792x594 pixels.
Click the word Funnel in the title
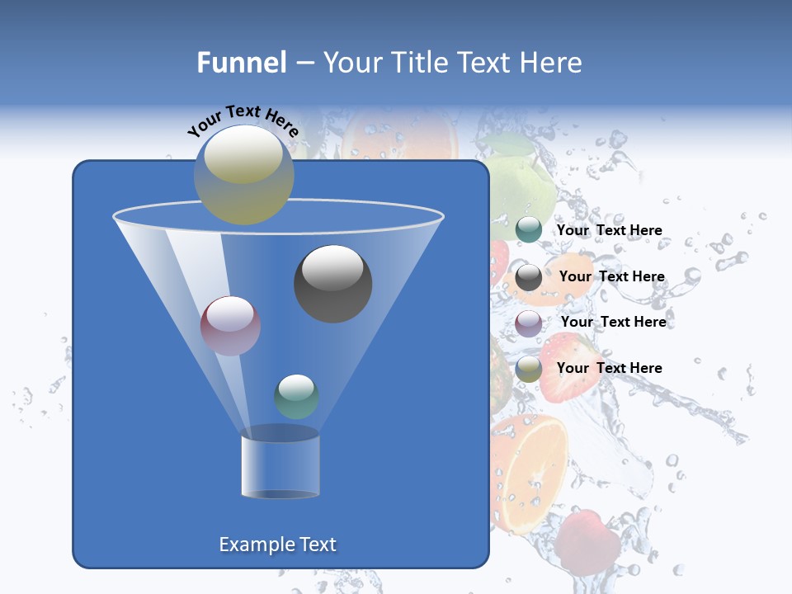tap(242, 63)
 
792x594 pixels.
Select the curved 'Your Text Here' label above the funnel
tap(243, 121)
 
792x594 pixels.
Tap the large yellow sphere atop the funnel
tap(244, 175)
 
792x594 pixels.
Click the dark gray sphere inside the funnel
tap(333, 284)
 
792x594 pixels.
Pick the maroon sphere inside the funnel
tap(231, 326)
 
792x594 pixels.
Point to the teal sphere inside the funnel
tap(297, 396)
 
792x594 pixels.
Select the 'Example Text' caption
tap(278, 544)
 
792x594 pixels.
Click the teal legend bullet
tap(529, 230)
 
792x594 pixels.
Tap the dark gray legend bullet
tap(529, 277)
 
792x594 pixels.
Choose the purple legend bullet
tap(529, 323)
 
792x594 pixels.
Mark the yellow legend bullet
tap(529, 369)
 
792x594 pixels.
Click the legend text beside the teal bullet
tap(610, 230)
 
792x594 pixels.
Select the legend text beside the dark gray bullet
tap(612, 276)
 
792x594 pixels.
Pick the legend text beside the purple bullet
tap(614, 322)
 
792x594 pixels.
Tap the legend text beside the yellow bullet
tap(610, 368)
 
